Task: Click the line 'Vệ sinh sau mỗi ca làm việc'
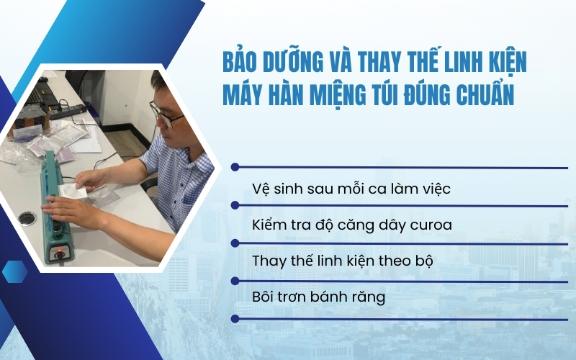pyautogui.click(x=351, y=189)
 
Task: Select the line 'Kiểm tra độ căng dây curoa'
pyautogui.click(x=352, y=225)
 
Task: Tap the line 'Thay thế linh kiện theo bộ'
pyautogui.click(x=343, y=261)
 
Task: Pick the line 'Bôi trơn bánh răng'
pyautogui.click(x=318, y=297)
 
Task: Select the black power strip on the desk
pyautogui.click(x=69, y=111)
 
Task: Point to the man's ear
pyautogui.click(x=186, y=109)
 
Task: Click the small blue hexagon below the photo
pyautogui.click(x=14, y=271)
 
